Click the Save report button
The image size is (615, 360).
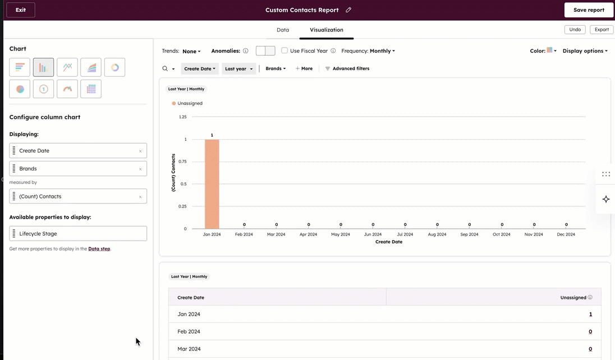point(589,10)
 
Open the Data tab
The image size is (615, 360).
point(283,30)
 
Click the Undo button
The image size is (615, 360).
point(575,30)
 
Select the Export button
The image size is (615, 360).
point(602,30)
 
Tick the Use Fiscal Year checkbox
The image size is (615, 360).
point(284,50)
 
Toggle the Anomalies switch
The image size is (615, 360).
point(265,51)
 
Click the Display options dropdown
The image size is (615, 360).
point(585,51)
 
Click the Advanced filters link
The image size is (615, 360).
point(347,68)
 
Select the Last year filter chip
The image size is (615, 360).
point(238,68)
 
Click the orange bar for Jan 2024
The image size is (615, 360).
point(212,184)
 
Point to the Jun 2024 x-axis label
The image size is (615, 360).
point(373,234)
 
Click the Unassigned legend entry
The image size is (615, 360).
point(189,103)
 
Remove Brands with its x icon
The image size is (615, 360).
point(140,169)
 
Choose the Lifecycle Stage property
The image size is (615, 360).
point(78,234)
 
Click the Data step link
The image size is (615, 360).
point(99,249)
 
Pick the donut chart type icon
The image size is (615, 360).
point(114,67)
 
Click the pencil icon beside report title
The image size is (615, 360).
point(348,10)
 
